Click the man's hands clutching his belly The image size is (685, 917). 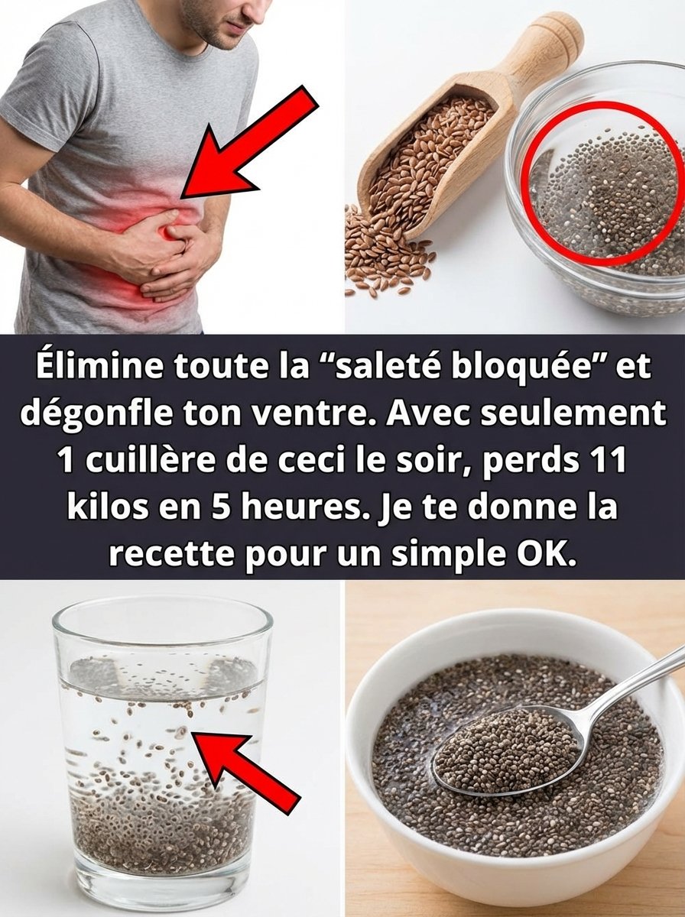coord(168,252)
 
